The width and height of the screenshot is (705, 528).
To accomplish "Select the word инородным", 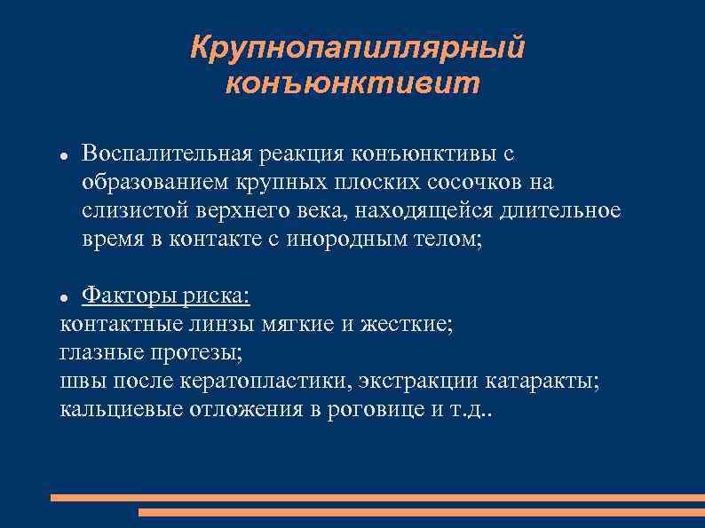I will click(x=337, y=240).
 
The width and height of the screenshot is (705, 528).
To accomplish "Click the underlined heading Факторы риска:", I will click(x=166, y=296).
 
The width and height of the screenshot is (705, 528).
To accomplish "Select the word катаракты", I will click(x=543, y=381).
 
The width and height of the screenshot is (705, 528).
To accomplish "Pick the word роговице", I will click(x=358, y=409).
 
